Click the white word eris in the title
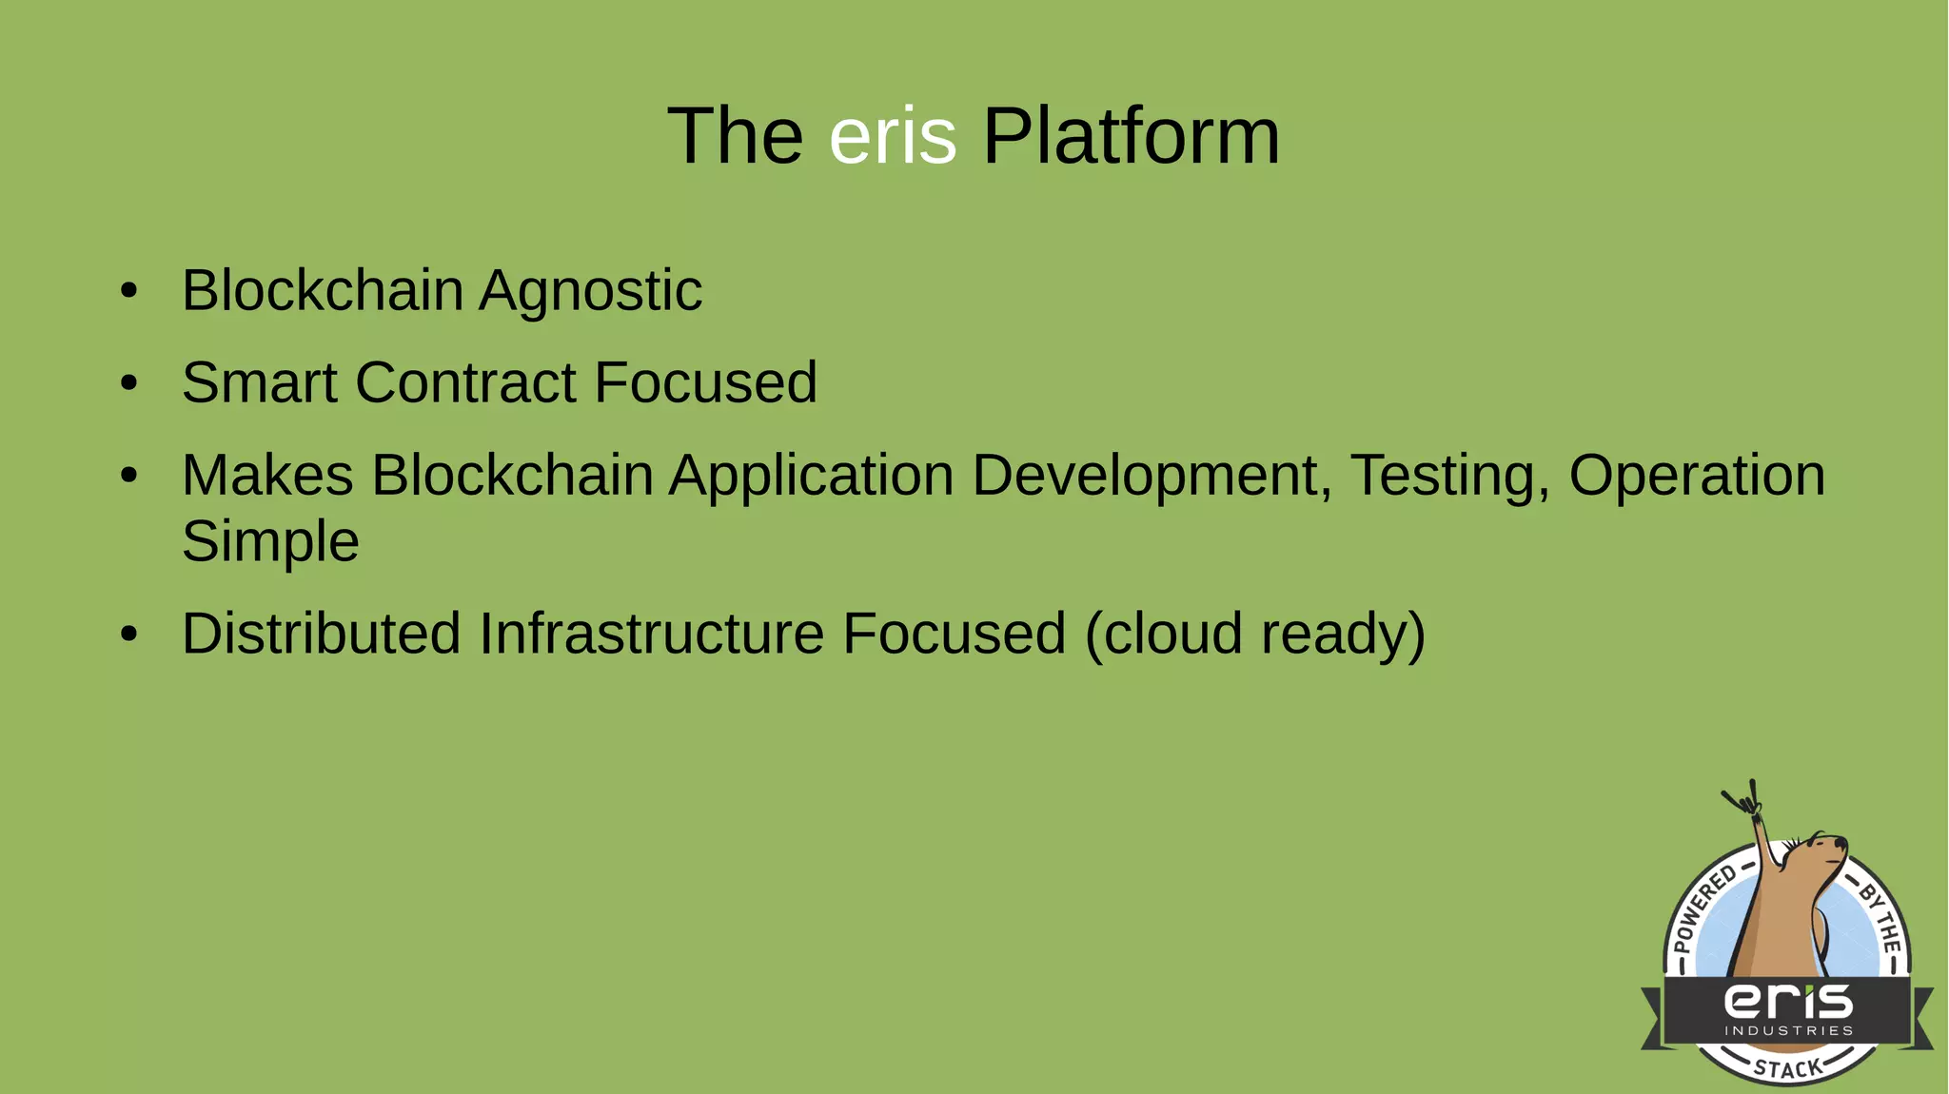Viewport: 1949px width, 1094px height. click(x=892, y=136)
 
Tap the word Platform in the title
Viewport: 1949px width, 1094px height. click(x=1131, y=136)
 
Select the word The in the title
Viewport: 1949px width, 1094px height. click(x=735, y=136)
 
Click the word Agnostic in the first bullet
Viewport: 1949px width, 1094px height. click(x=590, y=291)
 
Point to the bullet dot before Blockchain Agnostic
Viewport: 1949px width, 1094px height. click(x=129, y=291)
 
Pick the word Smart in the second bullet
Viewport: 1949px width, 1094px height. click(x=260, y=382)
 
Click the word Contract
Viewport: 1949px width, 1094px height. click(x=466, y=382)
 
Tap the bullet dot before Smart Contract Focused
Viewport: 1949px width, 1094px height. click(x=129, y=383)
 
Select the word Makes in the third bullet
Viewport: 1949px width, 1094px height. click(x=267, y=475)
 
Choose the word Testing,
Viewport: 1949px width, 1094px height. click(x=1450, y=475)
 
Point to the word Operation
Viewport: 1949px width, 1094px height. click(x=1697, y=475)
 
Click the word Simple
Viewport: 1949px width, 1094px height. click(x=270, y=541)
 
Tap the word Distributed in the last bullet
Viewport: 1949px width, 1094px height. click(x=321, y=634)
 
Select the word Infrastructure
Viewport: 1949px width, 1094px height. click(x=651, y=634)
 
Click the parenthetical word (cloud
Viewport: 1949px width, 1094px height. click(x=1163, y=634)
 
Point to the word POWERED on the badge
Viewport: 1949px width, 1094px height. click(x=1703, y=908)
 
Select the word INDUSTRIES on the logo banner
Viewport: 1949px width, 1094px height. click(x=1788, y=1030)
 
